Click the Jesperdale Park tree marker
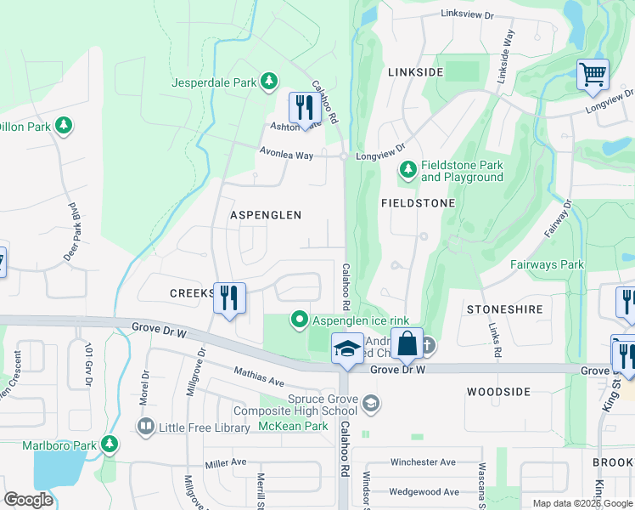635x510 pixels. (269, 81)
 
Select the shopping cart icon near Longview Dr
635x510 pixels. (593, 73)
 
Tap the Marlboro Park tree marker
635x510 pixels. (109, 444)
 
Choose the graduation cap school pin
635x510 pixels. (346, 349)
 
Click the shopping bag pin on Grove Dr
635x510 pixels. (407, 344)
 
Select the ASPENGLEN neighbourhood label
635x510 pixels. (266, 215)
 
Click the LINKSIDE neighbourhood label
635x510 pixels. (415, 72)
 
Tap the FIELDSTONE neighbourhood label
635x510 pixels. (419, 203)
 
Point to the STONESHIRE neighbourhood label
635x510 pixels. (504, 309)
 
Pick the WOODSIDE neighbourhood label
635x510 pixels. (498, 392)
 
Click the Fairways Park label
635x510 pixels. (547, 264)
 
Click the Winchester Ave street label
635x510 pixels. (423, 462)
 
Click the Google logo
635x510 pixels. (29, 500)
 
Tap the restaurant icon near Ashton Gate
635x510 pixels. (301, 108)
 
